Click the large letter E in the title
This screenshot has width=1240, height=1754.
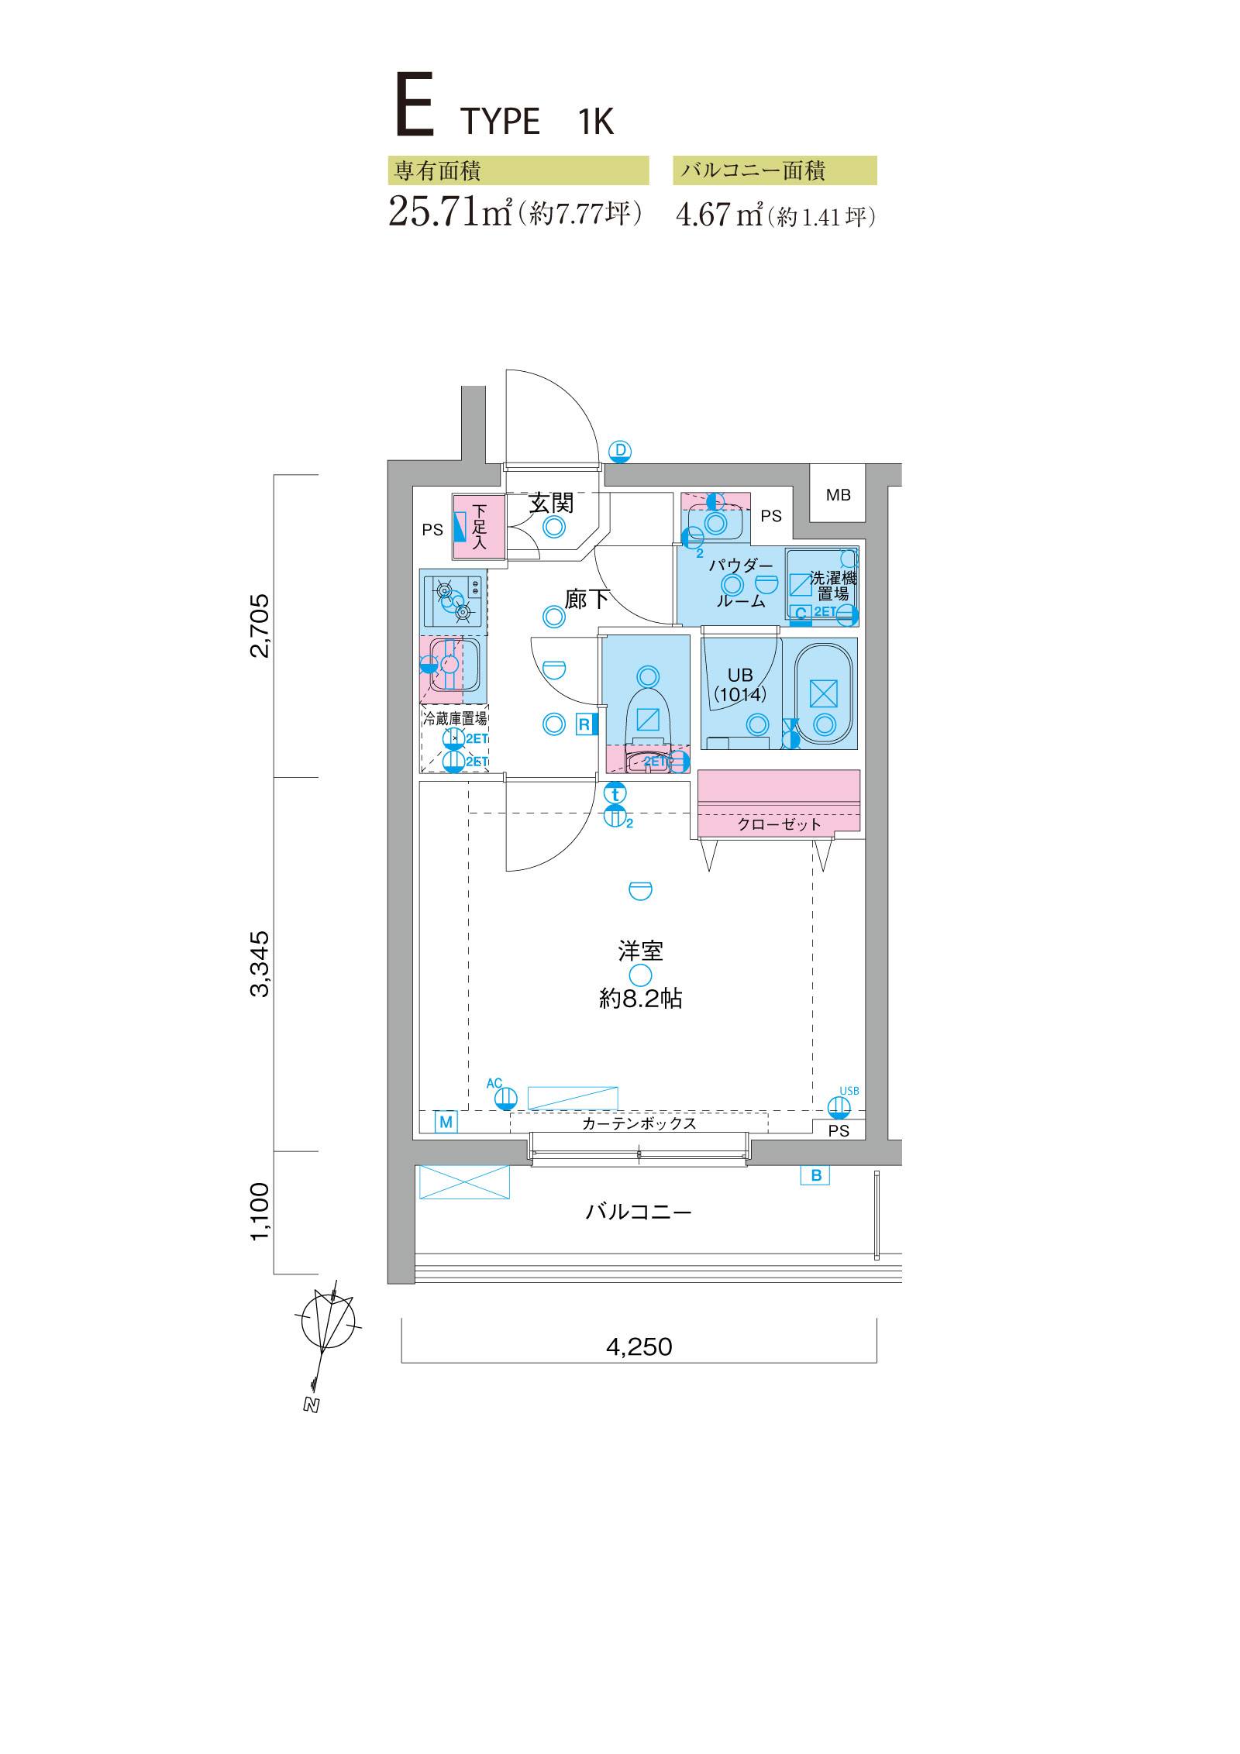click(x=414, y=105)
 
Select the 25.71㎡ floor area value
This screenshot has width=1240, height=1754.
click(x=450, y=212)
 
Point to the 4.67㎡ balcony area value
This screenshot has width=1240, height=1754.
click(x=719, y=215)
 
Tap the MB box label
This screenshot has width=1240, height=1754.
click(x=838, y=495)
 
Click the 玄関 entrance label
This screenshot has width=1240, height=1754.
click(x=551, y=504)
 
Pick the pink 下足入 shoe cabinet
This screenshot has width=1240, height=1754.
click(x=479, y=526)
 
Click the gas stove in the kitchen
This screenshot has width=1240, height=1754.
click(x=453, y=600)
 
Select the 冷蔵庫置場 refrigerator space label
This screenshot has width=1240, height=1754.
click(x=455, y=718)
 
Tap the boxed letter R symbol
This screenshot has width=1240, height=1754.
click(x=584, y=724)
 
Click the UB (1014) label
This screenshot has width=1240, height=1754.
click(x=740, y=685)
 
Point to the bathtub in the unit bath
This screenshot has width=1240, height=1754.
click(x=823, y=694)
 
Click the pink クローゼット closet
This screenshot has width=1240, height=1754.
click(x=779, y=804)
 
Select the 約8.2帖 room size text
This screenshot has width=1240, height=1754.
click(x=640, y=999)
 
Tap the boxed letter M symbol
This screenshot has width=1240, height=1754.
click(x=446, y=1122)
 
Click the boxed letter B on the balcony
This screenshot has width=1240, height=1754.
click(x=815, y=1175)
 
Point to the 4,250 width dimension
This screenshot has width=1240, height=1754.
click(x=639, y=1347)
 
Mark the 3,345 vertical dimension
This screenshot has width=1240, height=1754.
click(x=260, y=964)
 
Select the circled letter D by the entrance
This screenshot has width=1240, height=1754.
click(x=620, y=452)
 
